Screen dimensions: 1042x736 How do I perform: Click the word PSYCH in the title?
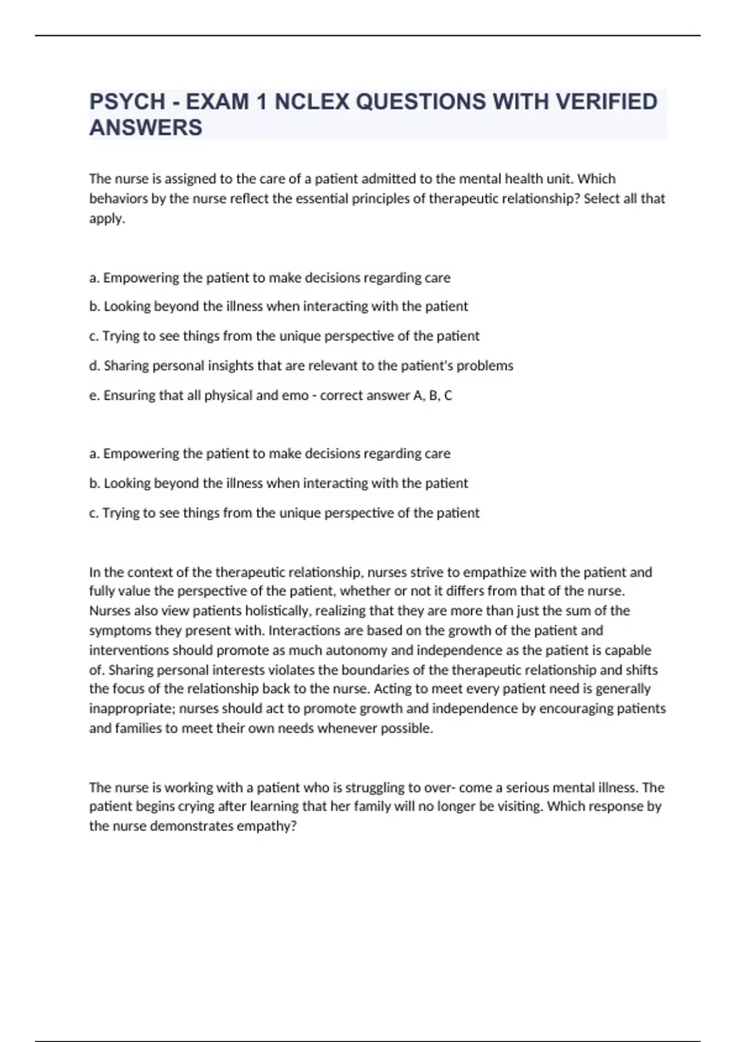127,102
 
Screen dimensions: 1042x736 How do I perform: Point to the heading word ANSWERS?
145,127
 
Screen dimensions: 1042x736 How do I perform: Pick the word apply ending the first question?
106,219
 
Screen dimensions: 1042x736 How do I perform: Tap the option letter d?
94,366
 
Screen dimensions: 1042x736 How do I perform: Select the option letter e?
94,395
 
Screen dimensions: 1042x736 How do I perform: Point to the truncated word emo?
294,395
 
